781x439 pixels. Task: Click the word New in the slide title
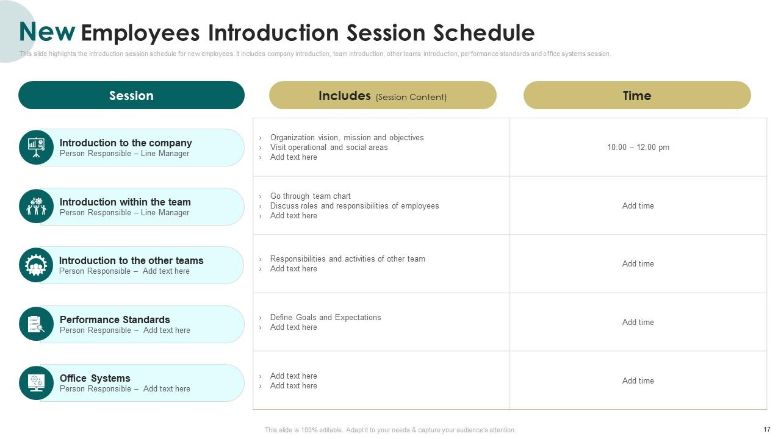click(x=47, y=32)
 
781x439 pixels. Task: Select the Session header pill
click(x=131, y=95)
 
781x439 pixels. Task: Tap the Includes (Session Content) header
click(x=383, y=96)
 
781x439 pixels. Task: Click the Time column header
click(x=637, y=95)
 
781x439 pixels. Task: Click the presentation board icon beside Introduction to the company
click(x=36, y=147)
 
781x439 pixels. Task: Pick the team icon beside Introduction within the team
click(x=36, y=206)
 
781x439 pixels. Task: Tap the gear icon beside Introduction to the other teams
click(x=36, y=265)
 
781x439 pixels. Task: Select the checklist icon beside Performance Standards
click(x=36, y=324)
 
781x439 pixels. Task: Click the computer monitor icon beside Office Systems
click(x=36, y=383)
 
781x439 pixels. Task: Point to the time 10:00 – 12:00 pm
click(x=638, y=147)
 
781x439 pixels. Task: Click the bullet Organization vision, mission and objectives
click(x=347, y=137)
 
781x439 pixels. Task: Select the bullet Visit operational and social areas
click(x=328, y=147)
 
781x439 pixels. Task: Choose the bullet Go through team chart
click(x=310, y=196)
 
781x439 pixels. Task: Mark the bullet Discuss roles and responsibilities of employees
click(x=354, y=205)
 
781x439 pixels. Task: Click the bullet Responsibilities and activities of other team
click(x=347, y=259)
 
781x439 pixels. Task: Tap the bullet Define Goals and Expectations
click(x=325, y=317)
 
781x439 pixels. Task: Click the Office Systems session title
click(x=95, y=378)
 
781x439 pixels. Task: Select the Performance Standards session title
click(x=115, y=319)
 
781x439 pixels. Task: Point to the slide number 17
click(x=767, y=429)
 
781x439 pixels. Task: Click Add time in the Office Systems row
click(x=638, y=380)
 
